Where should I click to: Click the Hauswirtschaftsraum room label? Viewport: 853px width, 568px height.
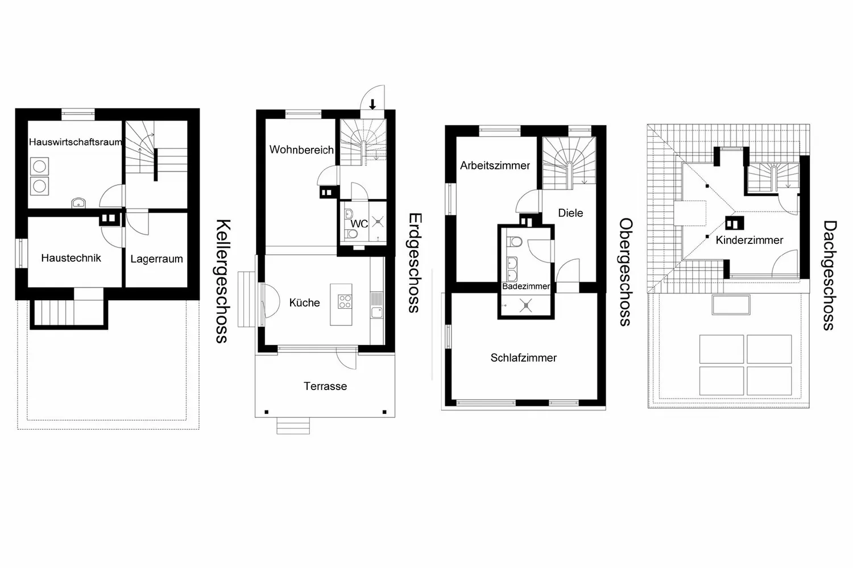pyautogui.click(x=76, y=142)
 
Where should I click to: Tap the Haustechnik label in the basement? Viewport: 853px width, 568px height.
pyautogui.click(x=71, y=258)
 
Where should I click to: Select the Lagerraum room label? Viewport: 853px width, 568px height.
pyautogui.click(x=156, y=259)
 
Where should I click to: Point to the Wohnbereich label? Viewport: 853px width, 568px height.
pyautogui.click(x=301, y=150)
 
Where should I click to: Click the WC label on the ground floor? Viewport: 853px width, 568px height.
pyautogui.click(x=359, y=224)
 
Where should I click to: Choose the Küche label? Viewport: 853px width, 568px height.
pyautogui.click(x=304, y=302)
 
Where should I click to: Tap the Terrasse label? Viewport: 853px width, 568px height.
pyautogui.click(x=325, y=387)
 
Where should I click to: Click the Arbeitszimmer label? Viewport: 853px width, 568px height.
pyautogui.click(x=495, y=165)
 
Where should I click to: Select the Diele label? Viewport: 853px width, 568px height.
pyautogui.click(x=570, y=213)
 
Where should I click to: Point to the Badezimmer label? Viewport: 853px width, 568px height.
pyautogui.click(x=526, y=287)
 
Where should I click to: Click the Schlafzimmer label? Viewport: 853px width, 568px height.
pyautogui.click(x=524, y=358)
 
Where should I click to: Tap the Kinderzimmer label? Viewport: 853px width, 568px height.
pyautogui.click(x=750, y=240)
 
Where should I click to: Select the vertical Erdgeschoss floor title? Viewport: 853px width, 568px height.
pyautogui.click(x=415, y=263)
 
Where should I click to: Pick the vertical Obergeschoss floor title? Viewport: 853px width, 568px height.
pyautogui.click(x=626, y=272)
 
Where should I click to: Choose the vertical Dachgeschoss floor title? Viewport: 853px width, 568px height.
pyautogui.click(x=829, y=276)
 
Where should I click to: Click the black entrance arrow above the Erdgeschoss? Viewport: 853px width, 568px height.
pyautogui.click(x=372, y=104)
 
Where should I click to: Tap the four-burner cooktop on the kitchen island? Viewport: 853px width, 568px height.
pyautogui.click(x=345, y=301)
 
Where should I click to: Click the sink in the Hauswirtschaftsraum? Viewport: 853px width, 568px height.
pyautogui.click(x=78, y=203)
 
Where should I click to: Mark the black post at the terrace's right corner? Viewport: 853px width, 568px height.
pyautogui.click(x=384, y=412)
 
